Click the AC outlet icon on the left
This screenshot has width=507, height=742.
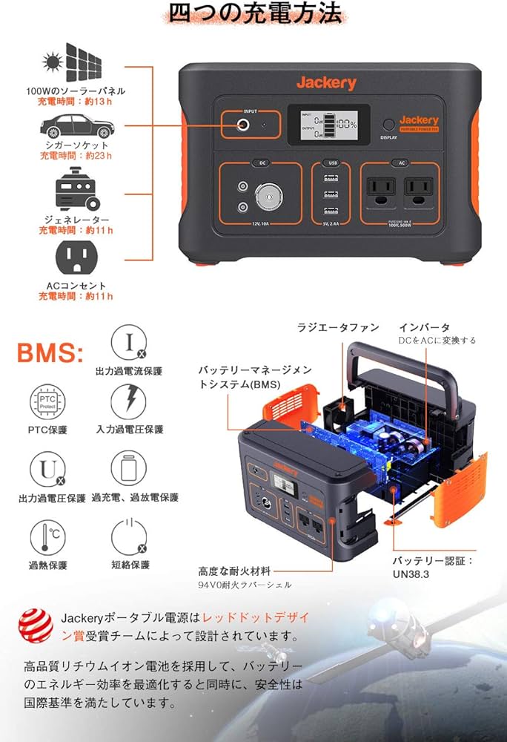(75, 257)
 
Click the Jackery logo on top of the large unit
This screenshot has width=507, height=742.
(326, 83)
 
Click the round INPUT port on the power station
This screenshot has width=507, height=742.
(242, 125)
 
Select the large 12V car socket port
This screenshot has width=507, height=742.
(268, 197)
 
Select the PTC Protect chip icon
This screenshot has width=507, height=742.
(45, 403)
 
